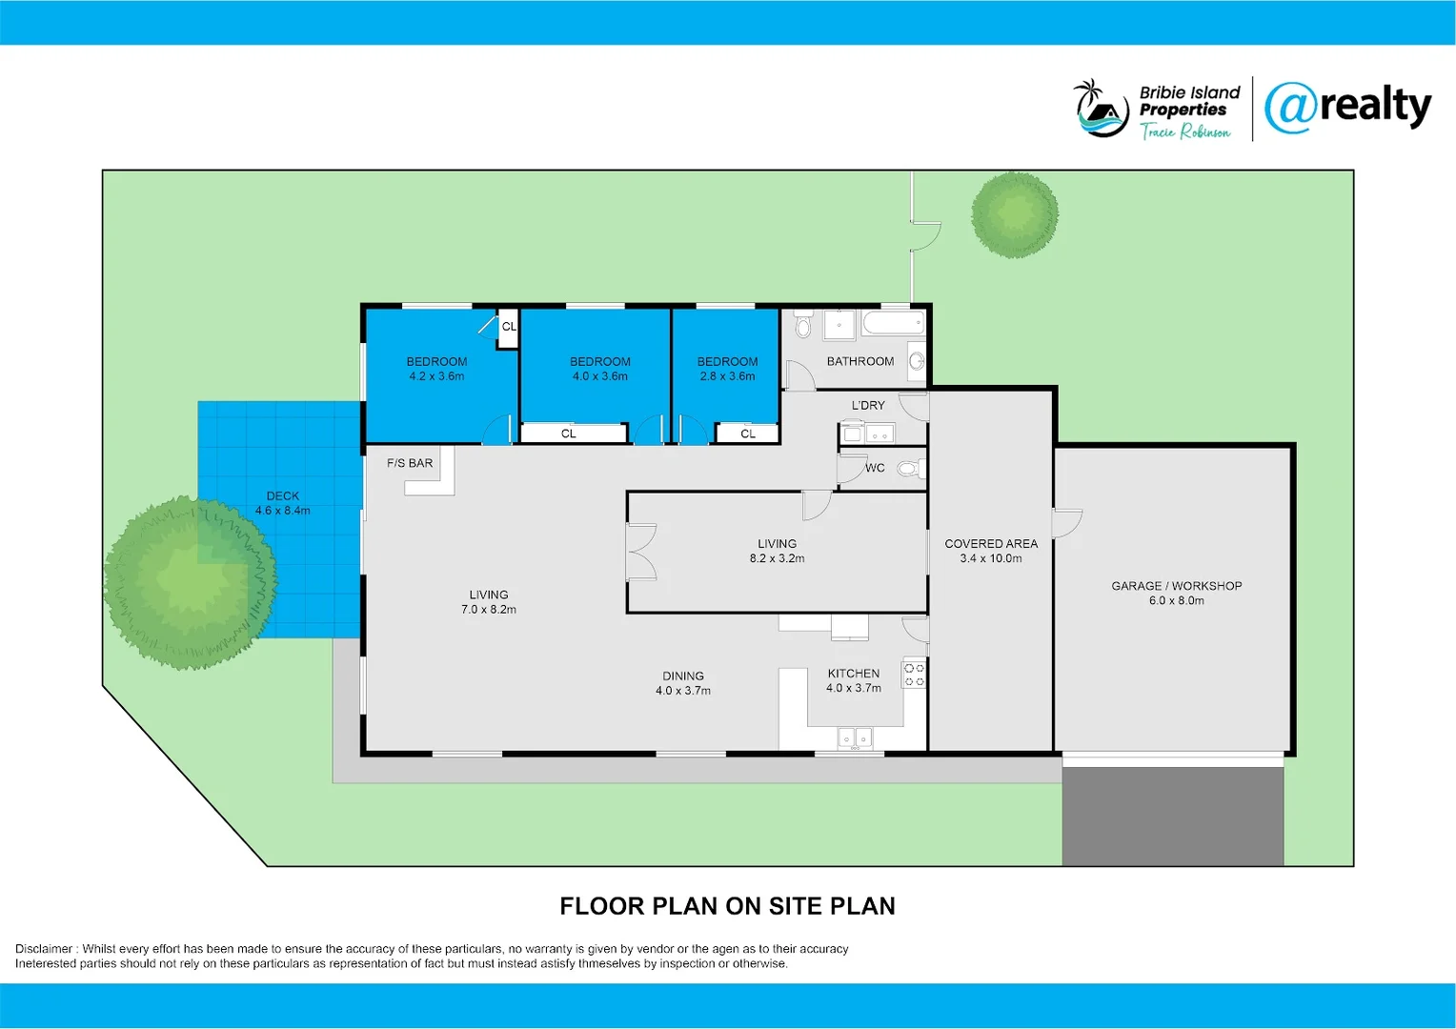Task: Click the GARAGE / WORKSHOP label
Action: (1176, 586)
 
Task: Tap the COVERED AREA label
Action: (991, 544)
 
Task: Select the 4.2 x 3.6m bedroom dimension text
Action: (436, 376)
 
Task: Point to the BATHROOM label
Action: (859, 361)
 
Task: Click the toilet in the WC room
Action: (910, 469)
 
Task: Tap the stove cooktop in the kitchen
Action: (914, 675)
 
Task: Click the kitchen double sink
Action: (855, 736)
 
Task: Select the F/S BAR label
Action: (410, 463)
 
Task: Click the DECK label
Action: (282, 495)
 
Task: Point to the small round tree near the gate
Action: (1014, 214)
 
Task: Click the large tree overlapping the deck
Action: (190, 581)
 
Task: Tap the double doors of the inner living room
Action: (641, 552)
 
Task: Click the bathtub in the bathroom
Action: (893, 323)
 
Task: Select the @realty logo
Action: (1347, 108)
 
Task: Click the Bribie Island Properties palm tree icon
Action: (1102, 109)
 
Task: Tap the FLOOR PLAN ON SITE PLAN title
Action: (727, 906)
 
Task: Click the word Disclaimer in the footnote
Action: (44, 949)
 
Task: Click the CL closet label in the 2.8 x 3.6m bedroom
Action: (748, 434)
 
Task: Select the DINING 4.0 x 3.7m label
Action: (682, 683)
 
